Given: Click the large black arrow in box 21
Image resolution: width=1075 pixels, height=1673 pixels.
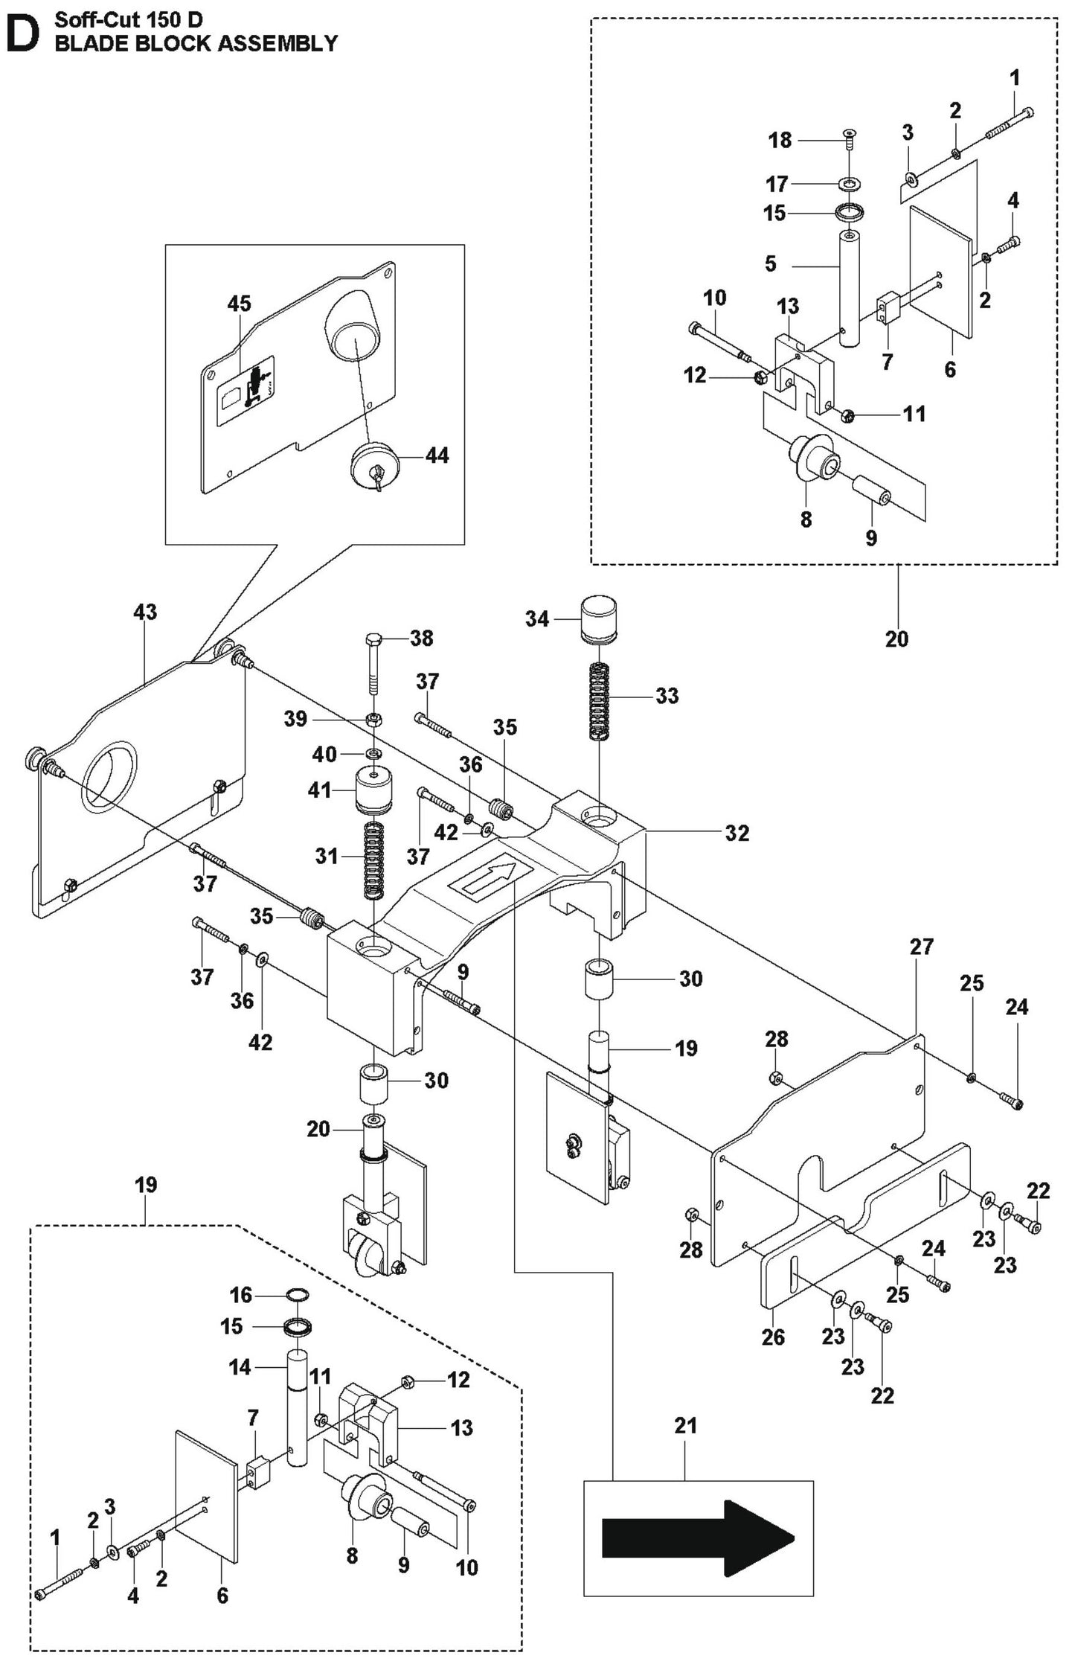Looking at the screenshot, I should [698, 1538].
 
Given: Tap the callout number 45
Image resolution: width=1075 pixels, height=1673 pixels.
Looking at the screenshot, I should [239, 304].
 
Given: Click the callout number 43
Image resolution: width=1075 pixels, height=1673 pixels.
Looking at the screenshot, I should [145, 612].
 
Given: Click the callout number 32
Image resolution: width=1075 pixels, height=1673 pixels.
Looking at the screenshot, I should [737, 833].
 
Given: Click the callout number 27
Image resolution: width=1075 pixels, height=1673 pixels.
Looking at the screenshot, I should [921, 947].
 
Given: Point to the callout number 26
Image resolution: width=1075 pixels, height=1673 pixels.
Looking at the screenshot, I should [772, 1337].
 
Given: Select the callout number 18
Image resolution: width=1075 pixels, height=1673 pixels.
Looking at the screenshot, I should [780, 140].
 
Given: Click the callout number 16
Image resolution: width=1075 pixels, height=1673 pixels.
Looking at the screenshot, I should [240, 1295].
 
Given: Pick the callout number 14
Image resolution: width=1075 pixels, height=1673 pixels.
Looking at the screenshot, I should [240, 1367].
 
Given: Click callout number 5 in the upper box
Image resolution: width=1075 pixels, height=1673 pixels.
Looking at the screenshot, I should [771, 263].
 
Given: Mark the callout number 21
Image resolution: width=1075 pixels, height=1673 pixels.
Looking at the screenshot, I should [685, 1425].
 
